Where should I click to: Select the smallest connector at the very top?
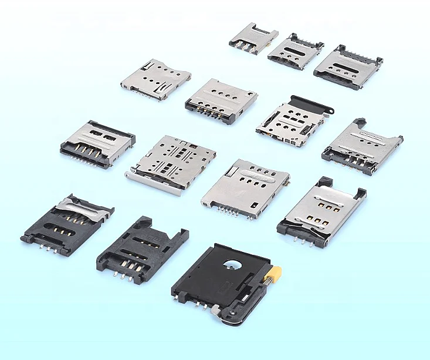coord(253,38)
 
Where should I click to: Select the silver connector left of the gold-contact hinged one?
coord(245,187)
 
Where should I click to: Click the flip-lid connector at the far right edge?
coord(362,147)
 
